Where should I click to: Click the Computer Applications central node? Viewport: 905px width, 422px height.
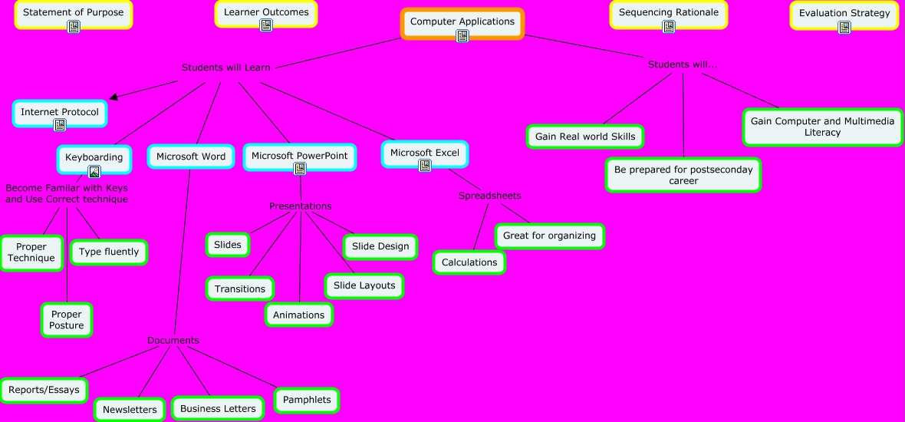tap(462, 22)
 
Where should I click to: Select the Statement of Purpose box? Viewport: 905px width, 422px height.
tap(73, 13)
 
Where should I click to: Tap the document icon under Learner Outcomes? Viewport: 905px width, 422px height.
tap(266, 26)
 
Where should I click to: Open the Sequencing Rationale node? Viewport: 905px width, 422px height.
tap(668, 13)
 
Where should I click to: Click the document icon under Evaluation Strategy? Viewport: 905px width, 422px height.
tap(844, 28)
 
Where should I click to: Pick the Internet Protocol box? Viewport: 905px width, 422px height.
tap(60, 113)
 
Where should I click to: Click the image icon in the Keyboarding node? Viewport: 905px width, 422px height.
tap(94, 172)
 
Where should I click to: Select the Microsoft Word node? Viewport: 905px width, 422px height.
tap(191, 157)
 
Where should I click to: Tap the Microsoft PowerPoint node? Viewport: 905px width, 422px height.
tap(300, 156)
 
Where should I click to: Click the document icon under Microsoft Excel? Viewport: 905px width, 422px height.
tap(425, 166)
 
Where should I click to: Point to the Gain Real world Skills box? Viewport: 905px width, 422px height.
tap(585, 137)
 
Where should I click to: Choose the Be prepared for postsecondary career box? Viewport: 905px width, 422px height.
tap(683, 175)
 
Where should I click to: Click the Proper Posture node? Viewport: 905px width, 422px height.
tap(67, 320)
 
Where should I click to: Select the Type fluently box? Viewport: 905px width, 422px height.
tap(109, 252)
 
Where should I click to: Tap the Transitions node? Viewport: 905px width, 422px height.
tap(240, 289)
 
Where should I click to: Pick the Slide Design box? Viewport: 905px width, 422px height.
tap(381, 246)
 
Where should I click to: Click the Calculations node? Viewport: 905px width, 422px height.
tap(469, 262)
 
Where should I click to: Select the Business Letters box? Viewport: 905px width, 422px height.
tap(218, 409)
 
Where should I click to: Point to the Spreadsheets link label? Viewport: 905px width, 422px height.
tap(490, 196)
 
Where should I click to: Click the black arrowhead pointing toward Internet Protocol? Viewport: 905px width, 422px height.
tap(114, 97)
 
